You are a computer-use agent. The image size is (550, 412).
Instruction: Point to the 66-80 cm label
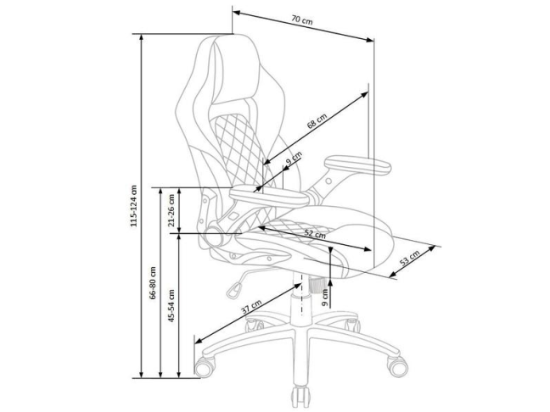pyautogui.click(x=153, y=282)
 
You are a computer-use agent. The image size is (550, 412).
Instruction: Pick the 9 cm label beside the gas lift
pyautogui.click(x=325, y=296)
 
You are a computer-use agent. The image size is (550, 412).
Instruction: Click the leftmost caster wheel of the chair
pyautogui.click(x=204, y=367)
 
